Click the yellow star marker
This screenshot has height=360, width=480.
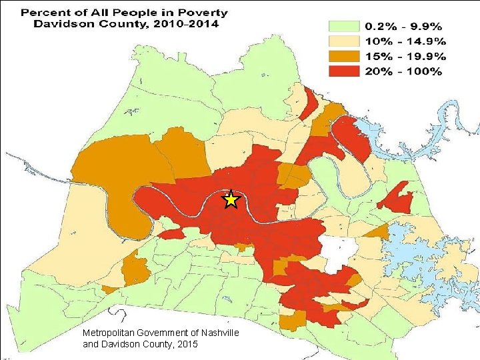pyautogui.click(x=230, y=199)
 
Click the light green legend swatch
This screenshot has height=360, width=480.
pyautogui.click(x=343, y=27)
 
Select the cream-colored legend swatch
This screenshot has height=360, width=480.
pyautogui.click(x=343, y=41)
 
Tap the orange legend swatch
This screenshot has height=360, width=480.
pyautogui.click(x=343, y=56)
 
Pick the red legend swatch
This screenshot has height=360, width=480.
pyautogui.click(x=343, y=71)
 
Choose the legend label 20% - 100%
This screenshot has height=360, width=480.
pyautogui.click(x=403, y=71)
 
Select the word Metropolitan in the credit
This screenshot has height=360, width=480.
pyautogui.click(x=111, y=333)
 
